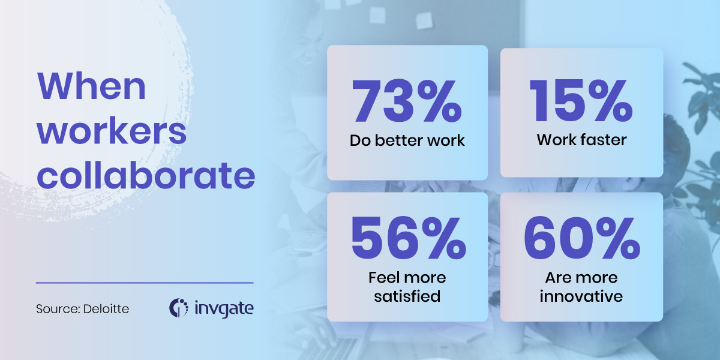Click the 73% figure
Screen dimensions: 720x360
[x=407, y=101]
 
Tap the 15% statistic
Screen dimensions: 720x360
[x=581, y=101]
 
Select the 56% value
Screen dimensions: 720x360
[x=409, y=238]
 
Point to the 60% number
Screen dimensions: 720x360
[x=582, y=238]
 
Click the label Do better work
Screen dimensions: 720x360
[x=407, y=140]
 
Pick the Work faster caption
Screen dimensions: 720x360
[x=581, y=140]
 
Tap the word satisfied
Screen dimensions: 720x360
[x=407, y=296]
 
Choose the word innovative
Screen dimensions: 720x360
[x=581, y=296]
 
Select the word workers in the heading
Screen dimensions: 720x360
[x=112, y=132]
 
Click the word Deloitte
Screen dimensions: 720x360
[x=106, y=309]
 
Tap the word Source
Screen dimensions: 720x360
[x=57, y=309]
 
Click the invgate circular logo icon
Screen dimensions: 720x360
[x=178, y=308]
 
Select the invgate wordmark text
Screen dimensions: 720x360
[x=224, y=308]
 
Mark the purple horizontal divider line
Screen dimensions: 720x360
[x=145, y=283]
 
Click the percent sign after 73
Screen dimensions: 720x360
[x=442, y=101]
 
